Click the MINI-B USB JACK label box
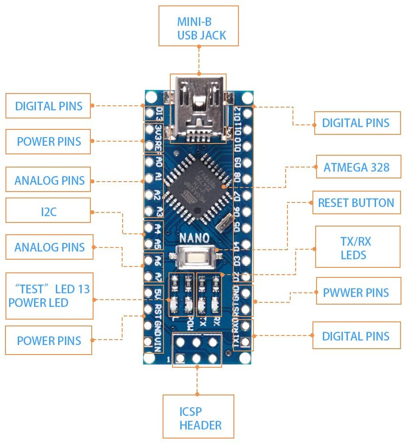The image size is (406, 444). [x=198, y=26]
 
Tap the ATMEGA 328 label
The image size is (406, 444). [x=356, y=167]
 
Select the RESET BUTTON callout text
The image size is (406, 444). [x=356, y=202]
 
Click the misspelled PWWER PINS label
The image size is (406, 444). [x=356, y=292]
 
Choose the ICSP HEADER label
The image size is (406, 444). [x=198, y=418]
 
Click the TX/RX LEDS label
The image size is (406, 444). [x=356, y=248]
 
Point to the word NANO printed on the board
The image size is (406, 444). [x=194, y=237]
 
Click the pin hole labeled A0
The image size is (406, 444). [x=149, y=162]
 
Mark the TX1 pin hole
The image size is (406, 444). [x=247, y=341]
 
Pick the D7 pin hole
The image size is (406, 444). [x=247, y=196]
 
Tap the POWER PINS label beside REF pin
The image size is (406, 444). [x=49, y=141]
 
